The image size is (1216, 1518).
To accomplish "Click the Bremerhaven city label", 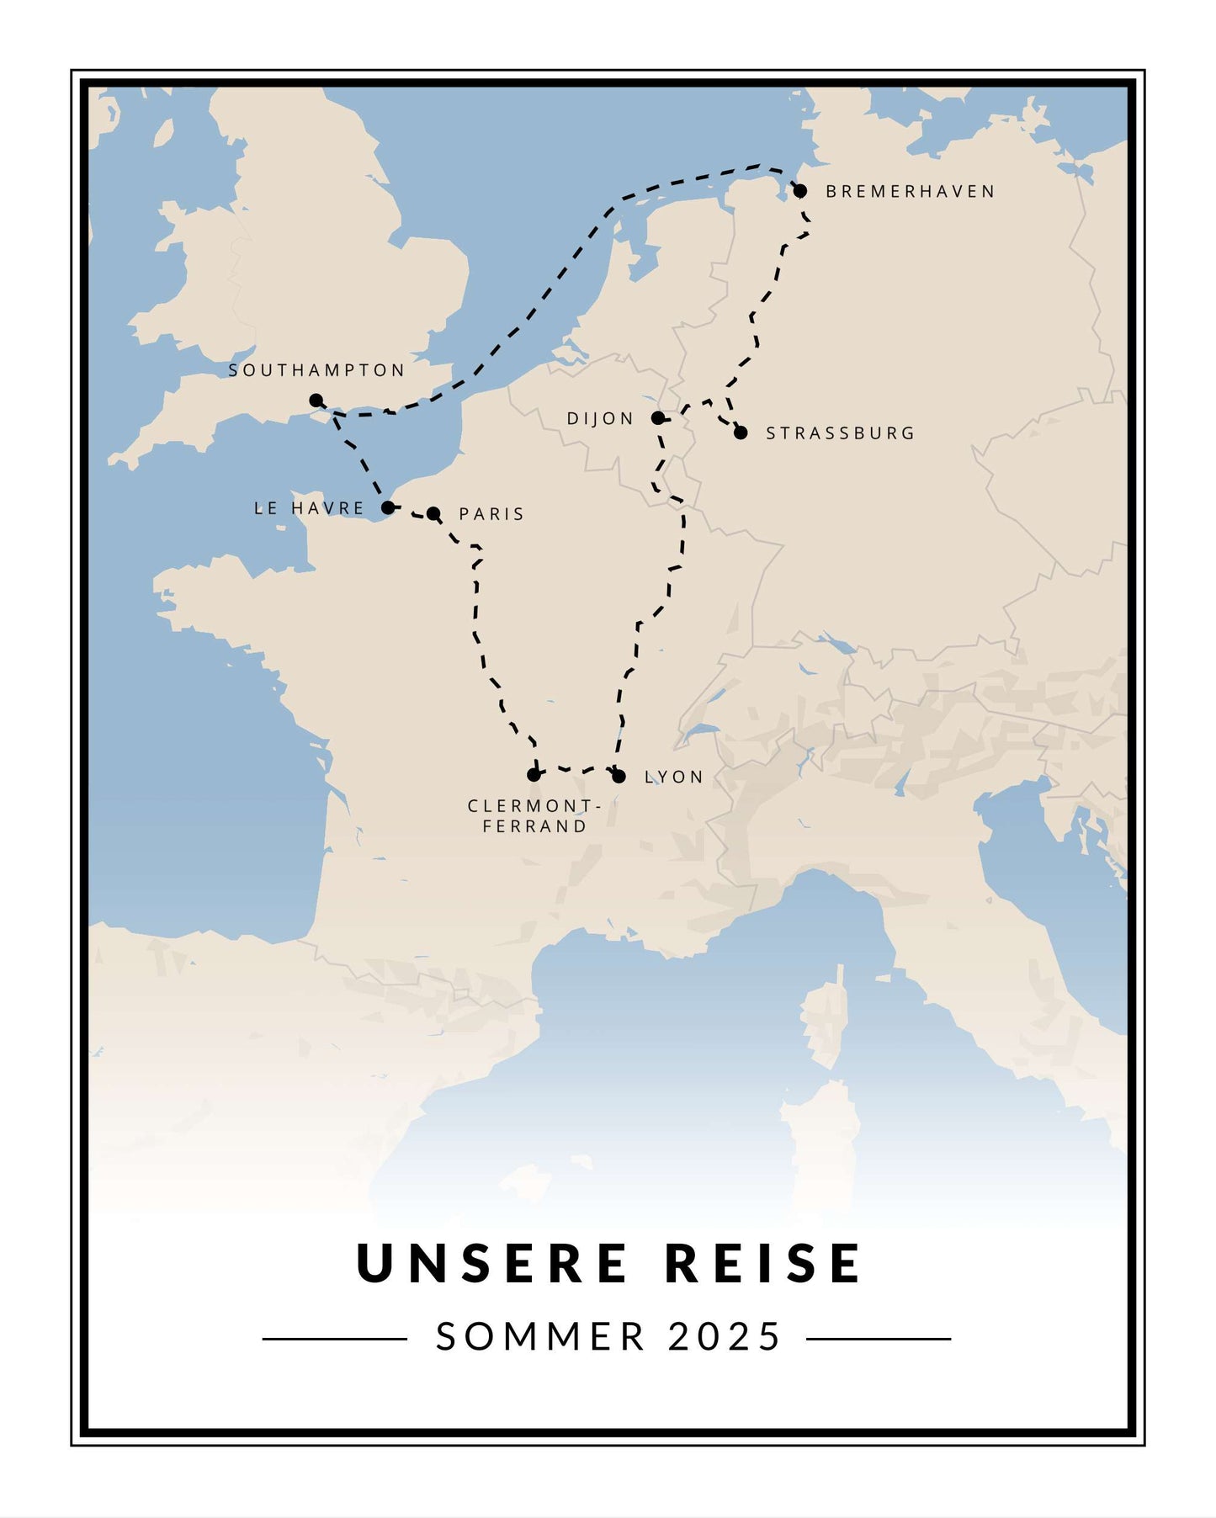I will [910, 192].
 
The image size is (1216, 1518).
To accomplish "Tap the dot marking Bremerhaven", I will [799, 191].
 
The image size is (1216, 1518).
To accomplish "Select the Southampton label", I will [316, 370].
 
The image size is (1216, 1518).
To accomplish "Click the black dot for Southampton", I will [316, 400].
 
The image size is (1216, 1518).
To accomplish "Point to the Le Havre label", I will [309, 508].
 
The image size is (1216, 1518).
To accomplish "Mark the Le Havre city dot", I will [387, 507].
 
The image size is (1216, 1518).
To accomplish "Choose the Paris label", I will [491, 514].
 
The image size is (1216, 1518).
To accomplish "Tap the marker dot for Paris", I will [433, 513].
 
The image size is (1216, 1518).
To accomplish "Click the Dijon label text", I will [600, 419].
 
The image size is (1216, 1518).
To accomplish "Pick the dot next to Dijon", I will [658, 418].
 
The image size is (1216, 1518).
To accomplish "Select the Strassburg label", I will [840, 433].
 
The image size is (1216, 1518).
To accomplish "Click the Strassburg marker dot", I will [741, 433].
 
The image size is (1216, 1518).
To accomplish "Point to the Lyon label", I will [674, 778].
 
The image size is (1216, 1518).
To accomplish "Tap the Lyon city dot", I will [619, 777].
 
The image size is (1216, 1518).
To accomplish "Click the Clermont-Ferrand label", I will [534, 816].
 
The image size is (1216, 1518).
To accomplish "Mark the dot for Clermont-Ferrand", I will [534, 774].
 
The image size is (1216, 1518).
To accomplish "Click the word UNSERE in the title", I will [492, 1263].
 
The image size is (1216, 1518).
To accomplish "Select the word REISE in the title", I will [763, 1263].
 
